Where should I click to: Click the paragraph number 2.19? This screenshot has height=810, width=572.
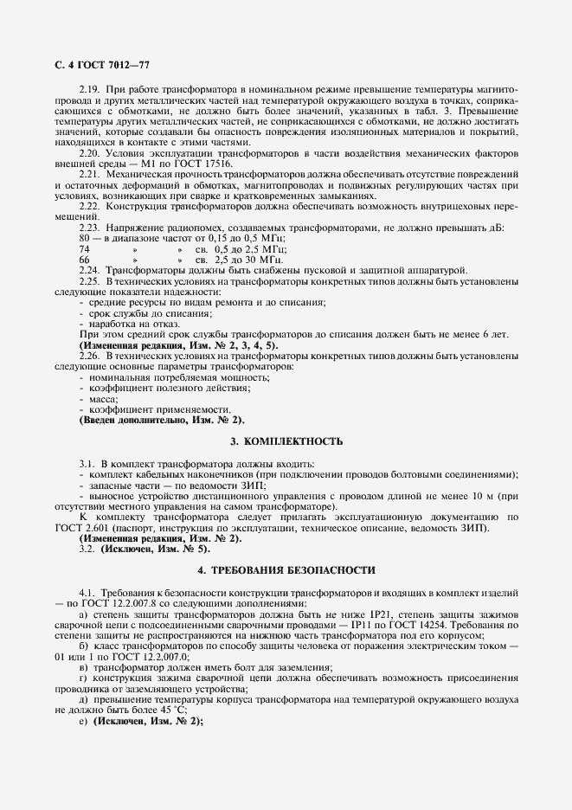click(x=89, y=90)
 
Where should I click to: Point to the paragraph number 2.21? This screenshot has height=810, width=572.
click(x=89, y=174)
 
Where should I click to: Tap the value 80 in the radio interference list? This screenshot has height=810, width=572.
click(x=84, y=238)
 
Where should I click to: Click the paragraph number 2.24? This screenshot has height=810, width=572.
click(x=89, y=270)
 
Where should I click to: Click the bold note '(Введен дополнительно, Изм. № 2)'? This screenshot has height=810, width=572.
click(x=162, y=420)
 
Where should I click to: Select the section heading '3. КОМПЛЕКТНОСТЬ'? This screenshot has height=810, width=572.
click(x=286, y=442)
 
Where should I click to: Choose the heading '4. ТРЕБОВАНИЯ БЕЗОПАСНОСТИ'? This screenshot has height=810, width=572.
click(x=286, y=571)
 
